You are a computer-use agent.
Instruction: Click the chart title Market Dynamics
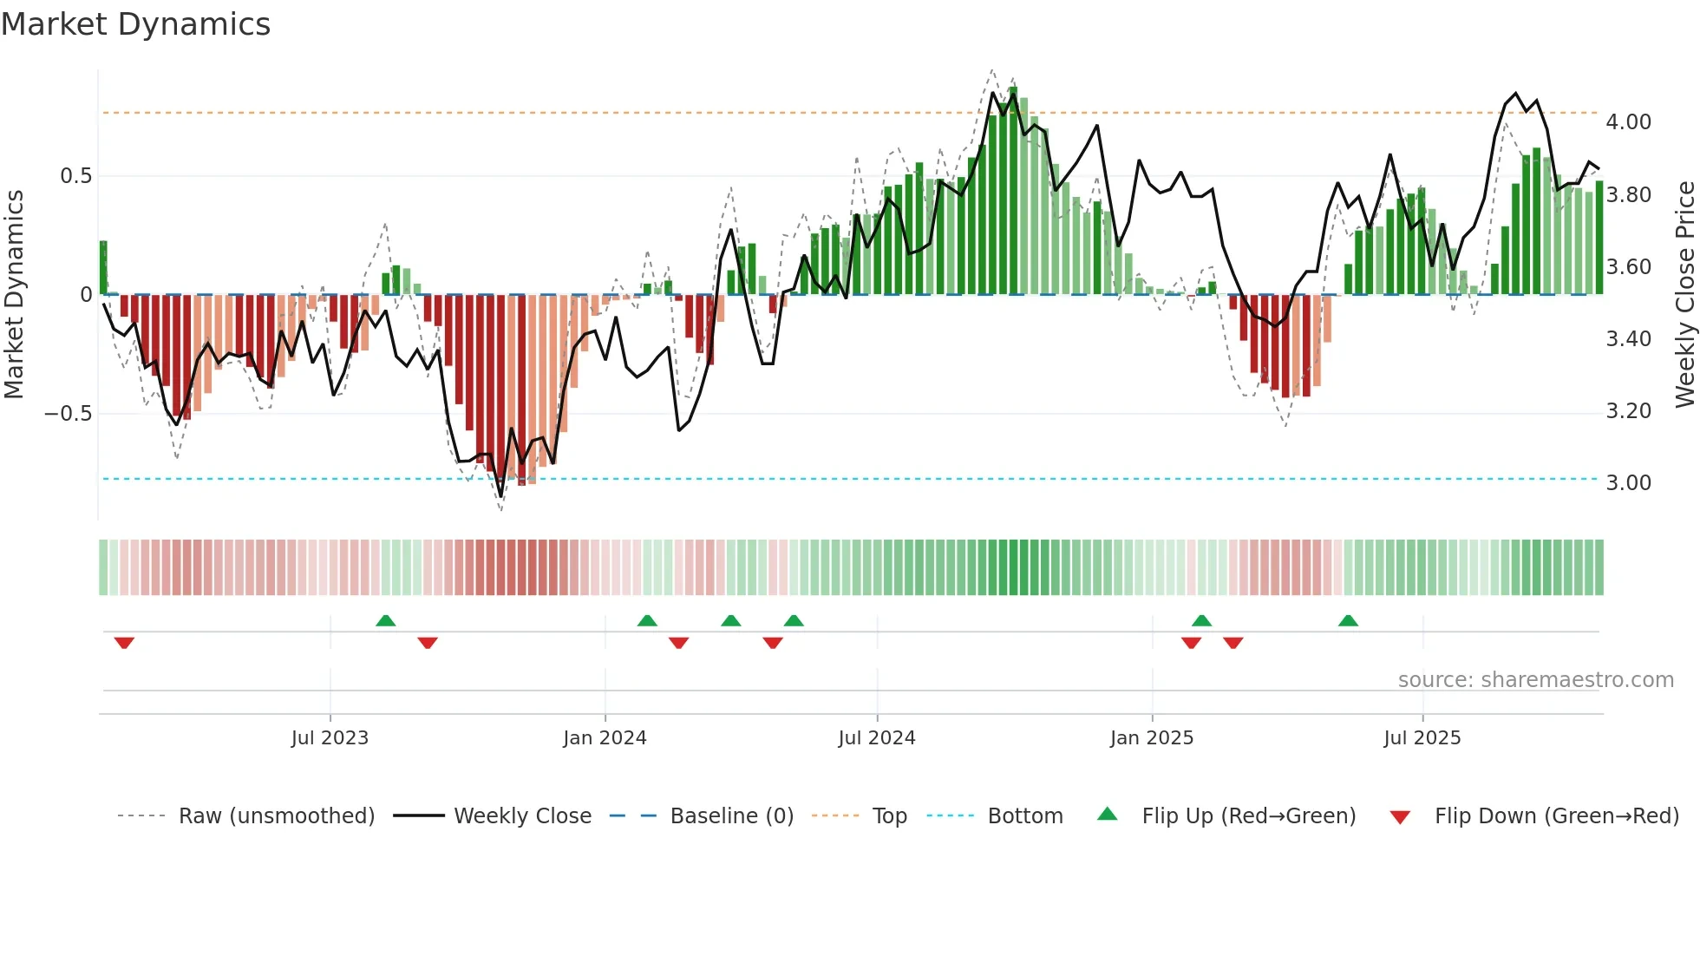click(x=135, y=24)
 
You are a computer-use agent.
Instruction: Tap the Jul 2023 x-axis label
click(x=330, y=738)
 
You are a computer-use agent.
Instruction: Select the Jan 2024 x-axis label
click(x=605, y=738)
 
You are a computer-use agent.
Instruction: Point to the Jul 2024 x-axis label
click(x=877, y=738)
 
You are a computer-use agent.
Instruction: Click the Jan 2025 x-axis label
click(x=1152, y=738)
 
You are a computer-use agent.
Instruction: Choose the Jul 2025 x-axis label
click(x=1422, y=738)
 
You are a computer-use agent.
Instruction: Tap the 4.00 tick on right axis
click(x=1628, y=122)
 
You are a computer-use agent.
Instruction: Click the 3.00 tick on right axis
click(x=1628, y=483)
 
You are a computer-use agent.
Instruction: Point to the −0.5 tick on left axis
click(x=68, y=414)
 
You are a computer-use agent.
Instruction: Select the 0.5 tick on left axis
click(x=75, y=176)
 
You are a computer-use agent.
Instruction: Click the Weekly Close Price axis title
click(x=1684, y=294)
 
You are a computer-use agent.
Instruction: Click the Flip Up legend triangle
click(x=1108, y=815)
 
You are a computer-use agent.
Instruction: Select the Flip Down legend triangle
click(x=1400, y=817)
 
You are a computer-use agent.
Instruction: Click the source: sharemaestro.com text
click(x=1535, y=680)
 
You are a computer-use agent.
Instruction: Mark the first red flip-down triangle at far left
click(x=124, y=643)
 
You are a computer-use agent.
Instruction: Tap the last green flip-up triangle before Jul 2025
click(x=1348, y=620)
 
